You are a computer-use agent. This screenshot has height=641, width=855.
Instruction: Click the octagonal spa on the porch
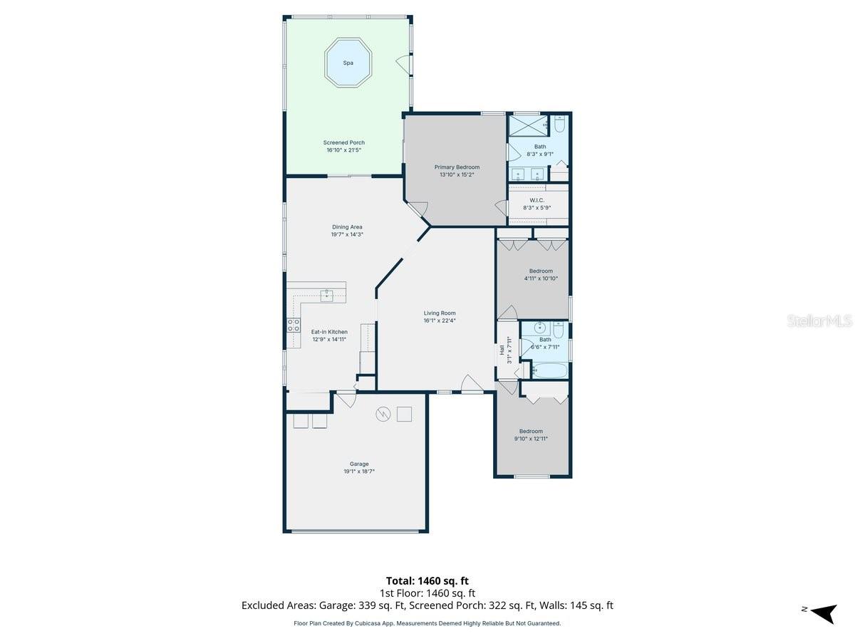348,63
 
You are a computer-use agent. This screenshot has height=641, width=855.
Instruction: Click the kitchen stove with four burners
294,325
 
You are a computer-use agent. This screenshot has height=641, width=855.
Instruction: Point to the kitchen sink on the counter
327,296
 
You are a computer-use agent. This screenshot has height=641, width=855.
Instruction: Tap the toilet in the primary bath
559,125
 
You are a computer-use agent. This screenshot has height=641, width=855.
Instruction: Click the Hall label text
502,350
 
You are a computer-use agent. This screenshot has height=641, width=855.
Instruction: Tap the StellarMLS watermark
819,320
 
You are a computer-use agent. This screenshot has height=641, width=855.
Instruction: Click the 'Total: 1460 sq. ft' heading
427,580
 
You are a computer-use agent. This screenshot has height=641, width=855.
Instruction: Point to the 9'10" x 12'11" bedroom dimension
531,439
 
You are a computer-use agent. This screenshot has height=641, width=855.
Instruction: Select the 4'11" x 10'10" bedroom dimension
541,278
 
